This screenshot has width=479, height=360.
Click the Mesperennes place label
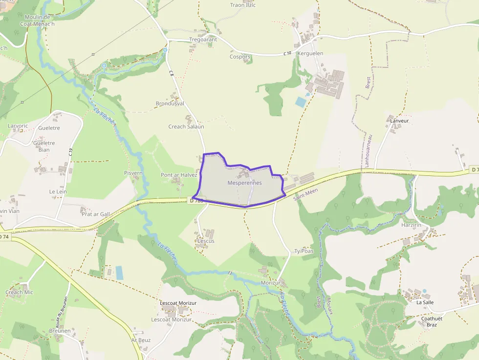(244, 183)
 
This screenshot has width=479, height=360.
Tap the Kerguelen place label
(310, 53)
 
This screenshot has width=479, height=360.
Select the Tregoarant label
(203, 40)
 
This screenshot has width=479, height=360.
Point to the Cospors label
(240, 57)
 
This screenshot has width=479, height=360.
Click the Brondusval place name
(170, 104)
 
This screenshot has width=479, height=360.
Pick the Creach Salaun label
(186, 127)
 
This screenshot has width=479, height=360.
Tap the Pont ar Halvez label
(179, 175)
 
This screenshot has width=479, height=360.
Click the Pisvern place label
(133, 173)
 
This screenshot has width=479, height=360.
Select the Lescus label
(206, 241)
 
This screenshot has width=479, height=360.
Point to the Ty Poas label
(304, 251)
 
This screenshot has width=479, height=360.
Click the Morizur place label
(270, 283)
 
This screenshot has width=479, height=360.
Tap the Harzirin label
(411, 225)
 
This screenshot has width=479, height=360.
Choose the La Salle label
(425, 302)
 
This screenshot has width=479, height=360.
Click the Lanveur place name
(399, 120)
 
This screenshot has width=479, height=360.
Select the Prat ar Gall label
(96, 214)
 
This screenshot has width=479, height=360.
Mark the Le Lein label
(58, 191)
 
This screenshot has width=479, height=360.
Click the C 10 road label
(287, 53)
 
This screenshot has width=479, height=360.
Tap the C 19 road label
(70, 152)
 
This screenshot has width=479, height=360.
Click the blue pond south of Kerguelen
(300, 102)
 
